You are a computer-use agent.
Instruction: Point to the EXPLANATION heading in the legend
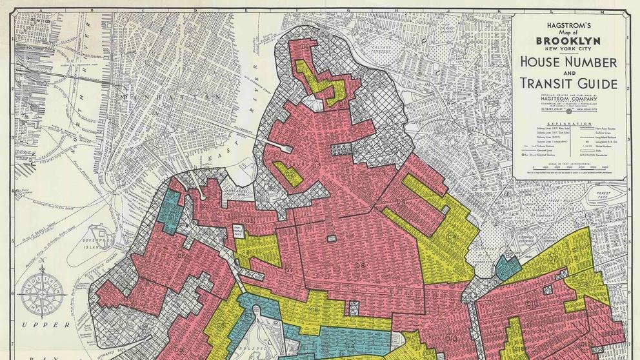[570, 123]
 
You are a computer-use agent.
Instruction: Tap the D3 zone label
[249, 222]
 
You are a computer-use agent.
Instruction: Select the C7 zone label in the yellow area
[552, 258]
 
